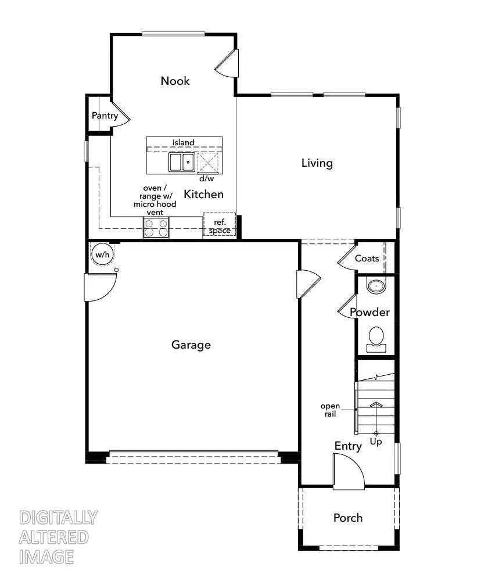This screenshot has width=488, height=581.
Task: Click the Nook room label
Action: tap(175, 81)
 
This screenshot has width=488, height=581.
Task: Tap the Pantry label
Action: tap(105, 116)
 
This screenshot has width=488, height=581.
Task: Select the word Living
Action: tap(317, 163)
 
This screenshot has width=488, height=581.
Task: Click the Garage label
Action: tap(191, 345)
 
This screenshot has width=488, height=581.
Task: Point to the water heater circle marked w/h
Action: tap(102, 254)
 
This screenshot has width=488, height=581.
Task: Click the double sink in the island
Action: tap(182, 162)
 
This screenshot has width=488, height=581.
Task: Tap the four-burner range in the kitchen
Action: tap(156, 227)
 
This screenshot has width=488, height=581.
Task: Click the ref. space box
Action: tap(219, 226)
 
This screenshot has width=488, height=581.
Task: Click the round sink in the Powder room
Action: tap(377, 286)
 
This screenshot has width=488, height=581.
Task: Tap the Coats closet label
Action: tap(367, 259)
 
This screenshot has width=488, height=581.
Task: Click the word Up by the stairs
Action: tap(376, 442)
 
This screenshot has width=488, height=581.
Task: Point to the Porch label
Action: tap(348, 518)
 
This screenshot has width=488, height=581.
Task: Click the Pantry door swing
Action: tap(120, 113)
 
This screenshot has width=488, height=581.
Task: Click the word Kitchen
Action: tap(203, 195)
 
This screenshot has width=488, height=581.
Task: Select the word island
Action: tap(183, 142)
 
